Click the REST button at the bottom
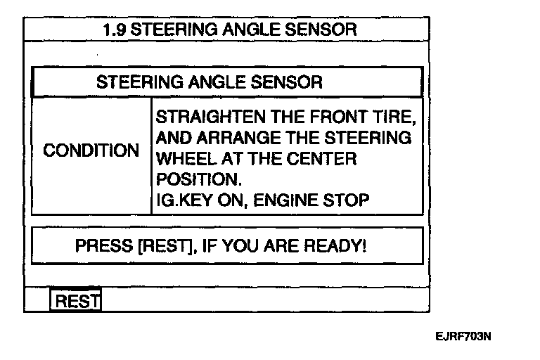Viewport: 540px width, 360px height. (76, 301)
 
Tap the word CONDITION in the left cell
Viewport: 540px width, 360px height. (91, 151)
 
